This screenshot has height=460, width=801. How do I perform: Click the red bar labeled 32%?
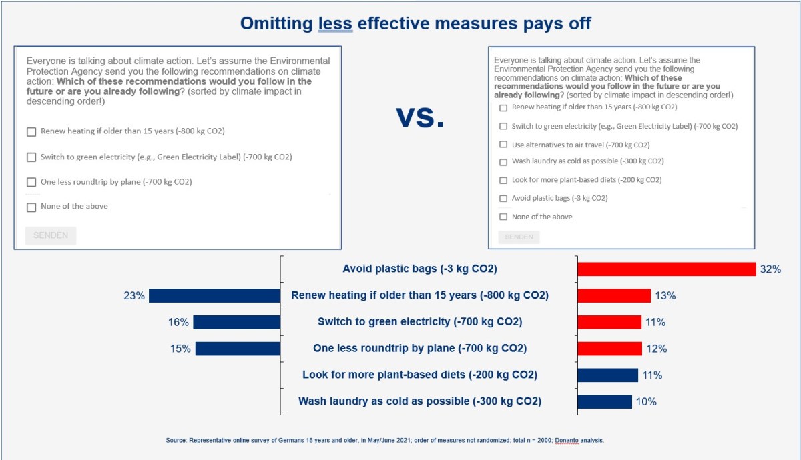point(666,269)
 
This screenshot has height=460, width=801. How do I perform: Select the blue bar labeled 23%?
point(214,295)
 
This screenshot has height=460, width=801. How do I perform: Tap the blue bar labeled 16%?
point(236,322)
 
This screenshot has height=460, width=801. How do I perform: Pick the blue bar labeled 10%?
point(604,401)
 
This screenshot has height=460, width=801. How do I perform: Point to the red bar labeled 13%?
point(613,295)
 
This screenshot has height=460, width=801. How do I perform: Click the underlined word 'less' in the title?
point(334,24)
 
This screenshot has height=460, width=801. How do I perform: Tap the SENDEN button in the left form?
point(51,235)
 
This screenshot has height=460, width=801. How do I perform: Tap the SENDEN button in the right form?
point(519,237)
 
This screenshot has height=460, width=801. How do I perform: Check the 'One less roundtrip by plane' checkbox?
point(31,182)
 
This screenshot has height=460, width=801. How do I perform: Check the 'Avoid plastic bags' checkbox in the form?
point(503,199)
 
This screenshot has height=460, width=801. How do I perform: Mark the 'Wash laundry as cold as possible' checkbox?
point(503,161)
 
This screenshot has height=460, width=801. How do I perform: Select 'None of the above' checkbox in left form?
point(31,207)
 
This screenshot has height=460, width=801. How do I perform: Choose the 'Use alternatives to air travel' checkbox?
point(503,145)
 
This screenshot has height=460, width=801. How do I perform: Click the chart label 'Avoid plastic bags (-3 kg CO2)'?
point(420,269)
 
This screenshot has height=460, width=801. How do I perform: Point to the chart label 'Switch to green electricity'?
point(420,322)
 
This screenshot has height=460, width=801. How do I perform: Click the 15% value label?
point(180,349)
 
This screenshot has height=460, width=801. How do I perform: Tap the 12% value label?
point(657,349)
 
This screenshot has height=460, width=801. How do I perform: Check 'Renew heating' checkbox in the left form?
point(31,132)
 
